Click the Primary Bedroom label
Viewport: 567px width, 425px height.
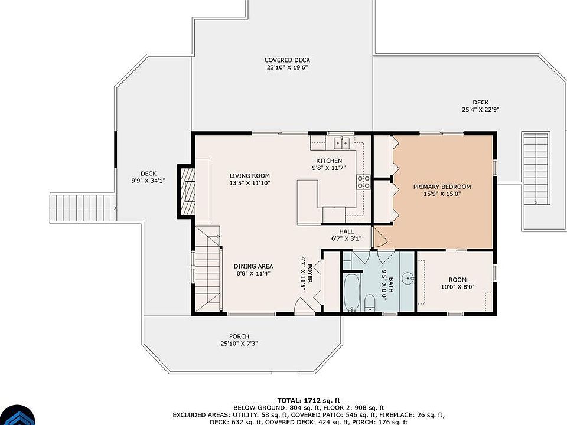coord(442,187)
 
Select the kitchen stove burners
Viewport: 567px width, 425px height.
coord(363,182)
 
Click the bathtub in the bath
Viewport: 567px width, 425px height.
coord(351,293)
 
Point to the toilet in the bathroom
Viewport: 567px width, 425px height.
coord(370,302)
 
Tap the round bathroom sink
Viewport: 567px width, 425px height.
coord(409,279)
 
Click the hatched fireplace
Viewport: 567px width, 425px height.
coord(187,191)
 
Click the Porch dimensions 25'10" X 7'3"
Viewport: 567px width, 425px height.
coord(239,344)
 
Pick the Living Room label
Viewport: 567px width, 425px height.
coord(249,176)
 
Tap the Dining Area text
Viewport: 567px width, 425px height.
coord(253,266)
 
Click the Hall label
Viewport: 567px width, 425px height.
coord(347,231)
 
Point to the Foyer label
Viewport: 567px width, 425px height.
coord(309,273)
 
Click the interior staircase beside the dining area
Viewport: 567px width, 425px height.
coord(208,268)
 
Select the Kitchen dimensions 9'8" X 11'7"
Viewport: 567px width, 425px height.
coord(329,168)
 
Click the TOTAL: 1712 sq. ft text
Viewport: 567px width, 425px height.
coord(309,400)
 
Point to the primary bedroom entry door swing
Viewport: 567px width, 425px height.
coord(380,237)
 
